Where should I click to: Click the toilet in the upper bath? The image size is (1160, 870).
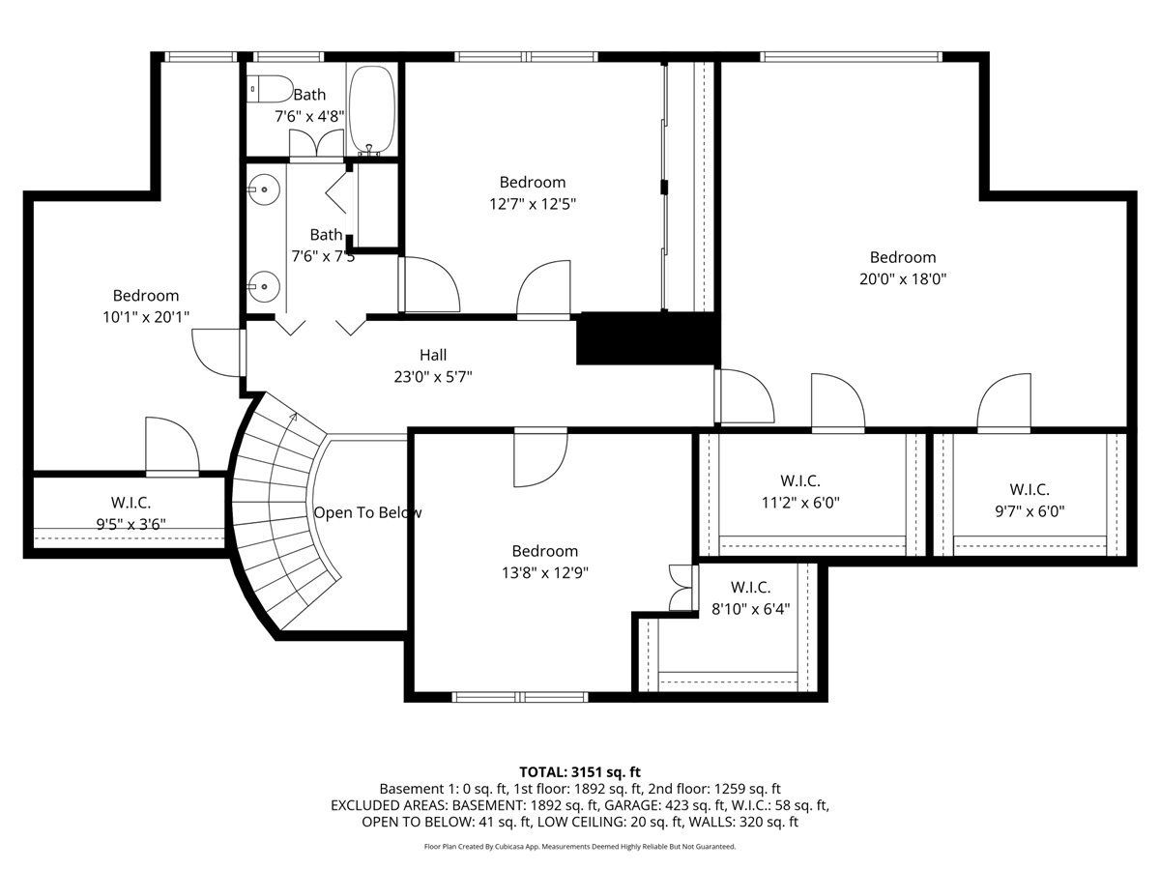pos(270,89)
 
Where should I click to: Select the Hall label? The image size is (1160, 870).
pos(433,355)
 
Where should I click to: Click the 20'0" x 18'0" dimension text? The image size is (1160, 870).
pos(903,279)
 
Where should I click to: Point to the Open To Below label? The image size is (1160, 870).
pos(368,512)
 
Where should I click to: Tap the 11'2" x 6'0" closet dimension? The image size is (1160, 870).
pos(800,503)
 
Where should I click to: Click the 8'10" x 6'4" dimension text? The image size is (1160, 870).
pos(750,609)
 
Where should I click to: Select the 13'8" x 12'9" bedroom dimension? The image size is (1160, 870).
pos(545,572)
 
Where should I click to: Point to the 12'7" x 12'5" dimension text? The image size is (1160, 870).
pos(533,204)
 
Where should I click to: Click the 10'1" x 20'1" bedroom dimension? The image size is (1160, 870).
pos(146,317)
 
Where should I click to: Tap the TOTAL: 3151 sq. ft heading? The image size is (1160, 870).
pos(580,772)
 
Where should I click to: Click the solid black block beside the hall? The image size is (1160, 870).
pos(648,338)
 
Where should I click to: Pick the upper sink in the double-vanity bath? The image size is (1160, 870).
pos(264,189)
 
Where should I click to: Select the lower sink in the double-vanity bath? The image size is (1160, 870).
pos(264,287)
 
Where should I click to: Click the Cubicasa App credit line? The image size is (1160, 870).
pos(580,847)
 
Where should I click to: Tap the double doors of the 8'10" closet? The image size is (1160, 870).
pos(681,588)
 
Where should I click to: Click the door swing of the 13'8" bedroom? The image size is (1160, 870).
pos(540,457)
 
